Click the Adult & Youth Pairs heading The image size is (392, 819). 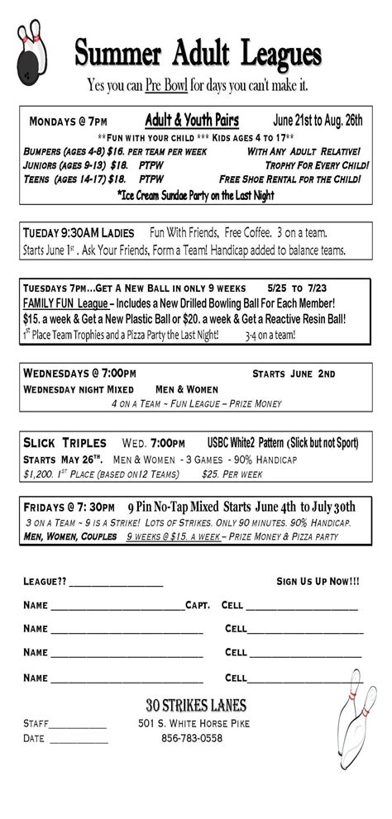point(192,121)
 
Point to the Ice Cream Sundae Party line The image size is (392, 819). point(196,195)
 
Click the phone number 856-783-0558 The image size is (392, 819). point(192,738)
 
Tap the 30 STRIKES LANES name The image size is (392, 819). point(195,705)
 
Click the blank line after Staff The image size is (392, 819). point(79,725)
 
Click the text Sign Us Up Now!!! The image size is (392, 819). point(318,581)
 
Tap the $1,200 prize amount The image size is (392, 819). point(40,474)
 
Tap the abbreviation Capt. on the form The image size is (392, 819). point(198,605)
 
